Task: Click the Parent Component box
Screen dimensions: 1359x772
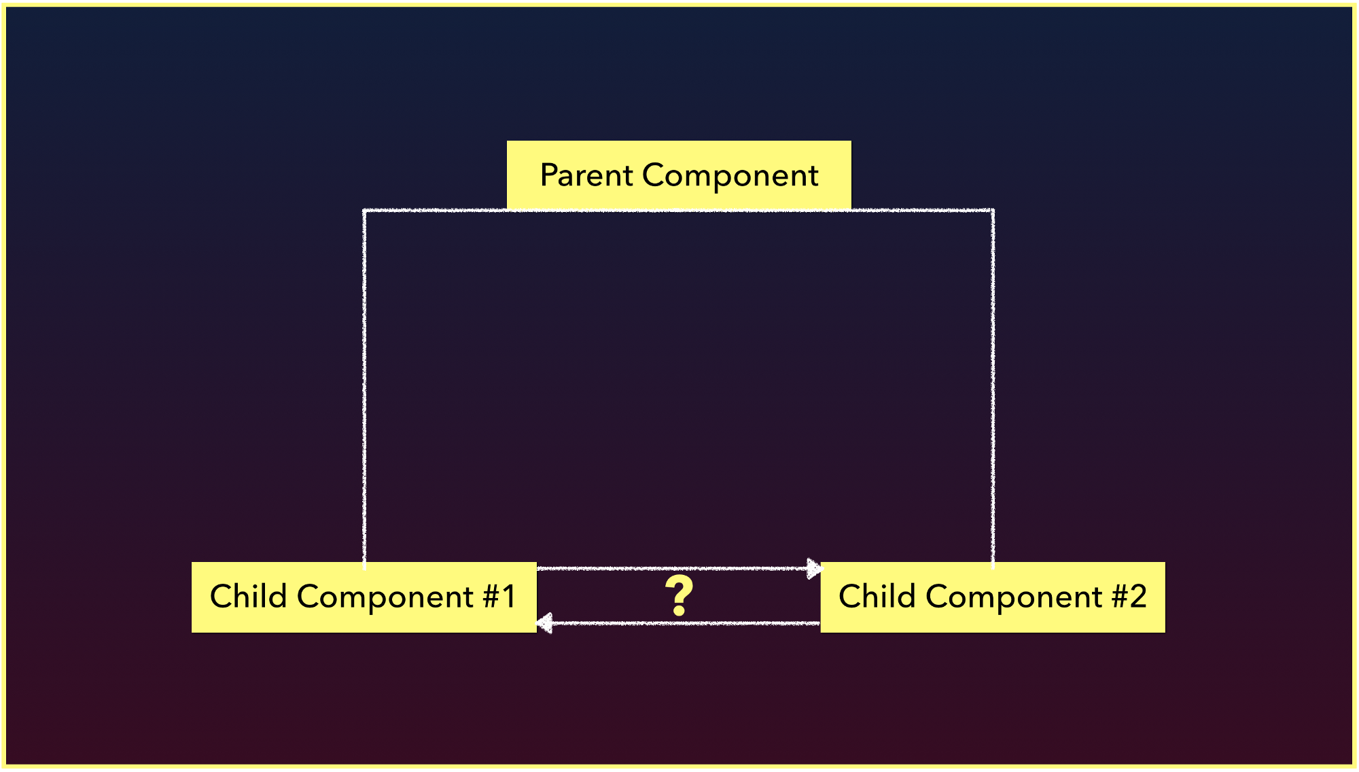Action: point(679,175)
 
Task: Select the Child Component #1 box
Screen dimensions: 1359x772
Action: point(364,597)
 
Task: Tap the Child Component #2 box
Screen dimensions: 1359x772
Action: point(993,597)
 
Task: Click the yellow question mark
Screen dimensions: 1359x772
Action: point(679,596)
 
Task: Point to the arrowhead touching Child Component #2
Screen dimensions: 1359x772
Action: point(814,568)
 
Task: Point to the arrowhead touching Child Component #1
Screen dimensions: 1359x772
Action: point(544,622)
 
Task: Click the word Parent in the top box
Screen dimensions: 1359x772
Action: point(587,176)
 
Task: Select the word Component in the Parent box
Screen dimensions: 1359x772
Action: point(730,176)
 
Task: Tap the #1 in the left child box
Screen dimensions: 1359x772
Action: point(499,597)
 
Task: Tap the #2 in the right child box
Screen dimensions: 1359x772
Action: point(1129,597)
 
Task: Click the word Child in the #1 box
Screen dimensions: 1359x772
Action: point(248,596)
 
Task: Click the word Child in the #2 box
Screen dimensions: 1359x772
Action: point(877,596)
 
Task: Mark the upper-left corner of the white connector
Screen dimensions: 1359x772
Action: point(364,211)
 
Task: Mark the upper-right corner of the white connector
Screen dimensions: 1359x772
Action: point(993,211)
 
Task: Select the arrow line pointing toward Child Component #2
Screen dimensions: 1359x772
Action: point(679,568)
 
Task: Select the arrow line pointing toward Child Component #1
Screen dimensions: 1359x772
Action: point(678,622)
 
